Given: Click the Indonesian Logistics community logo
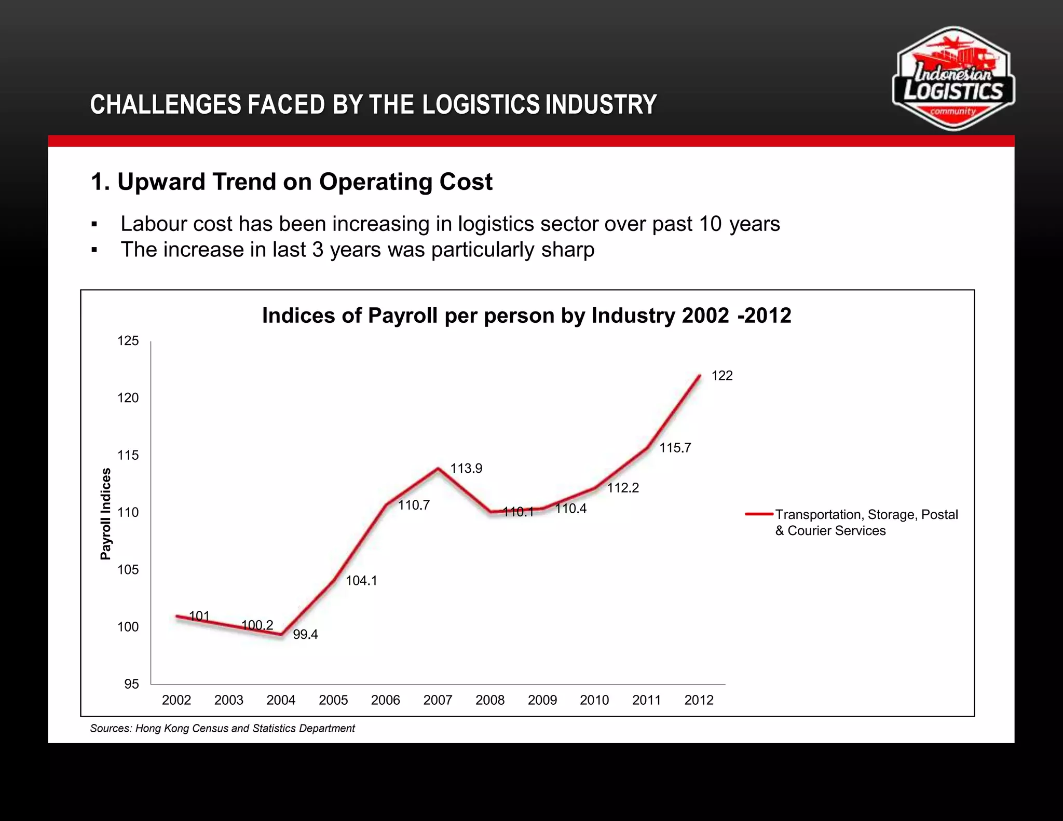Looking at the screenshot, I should click(953, 79).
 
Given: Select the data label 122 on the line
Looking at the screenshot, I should click(721, 376).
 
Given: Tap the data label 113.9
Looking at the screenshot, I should click(466, 469).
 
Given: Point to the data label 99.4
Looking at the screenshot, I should click(305, 635).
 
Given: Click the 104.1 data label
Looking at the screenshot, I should click(361, 581).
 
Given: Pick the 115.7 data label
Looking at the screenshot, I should click(675, 448).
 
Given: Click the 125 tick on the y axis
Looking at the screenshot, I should click(128, 341).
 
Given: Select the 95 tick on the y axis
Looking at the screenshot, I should click(131, 684).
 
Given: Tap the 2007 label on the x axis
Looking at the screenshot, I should click(438, 700).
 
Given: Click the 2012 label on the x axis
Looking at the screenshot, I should click(699, 700).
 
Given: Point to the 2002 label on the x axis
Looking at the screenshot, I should click(176, 700).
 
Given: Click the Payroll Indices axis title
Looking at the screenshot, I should click(105, 514).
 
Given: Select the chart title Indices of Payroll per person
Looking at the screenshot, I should click(526, 316).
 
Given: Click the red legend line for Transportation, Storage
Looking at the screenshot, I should click(759, 514).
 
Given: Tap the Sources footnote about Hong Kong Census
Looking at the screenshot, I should click(222, 728).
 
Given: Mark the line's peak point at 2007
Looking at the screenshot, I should click(438, 468).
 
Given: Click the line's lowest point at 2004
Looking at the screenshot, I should click(281, 634).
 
